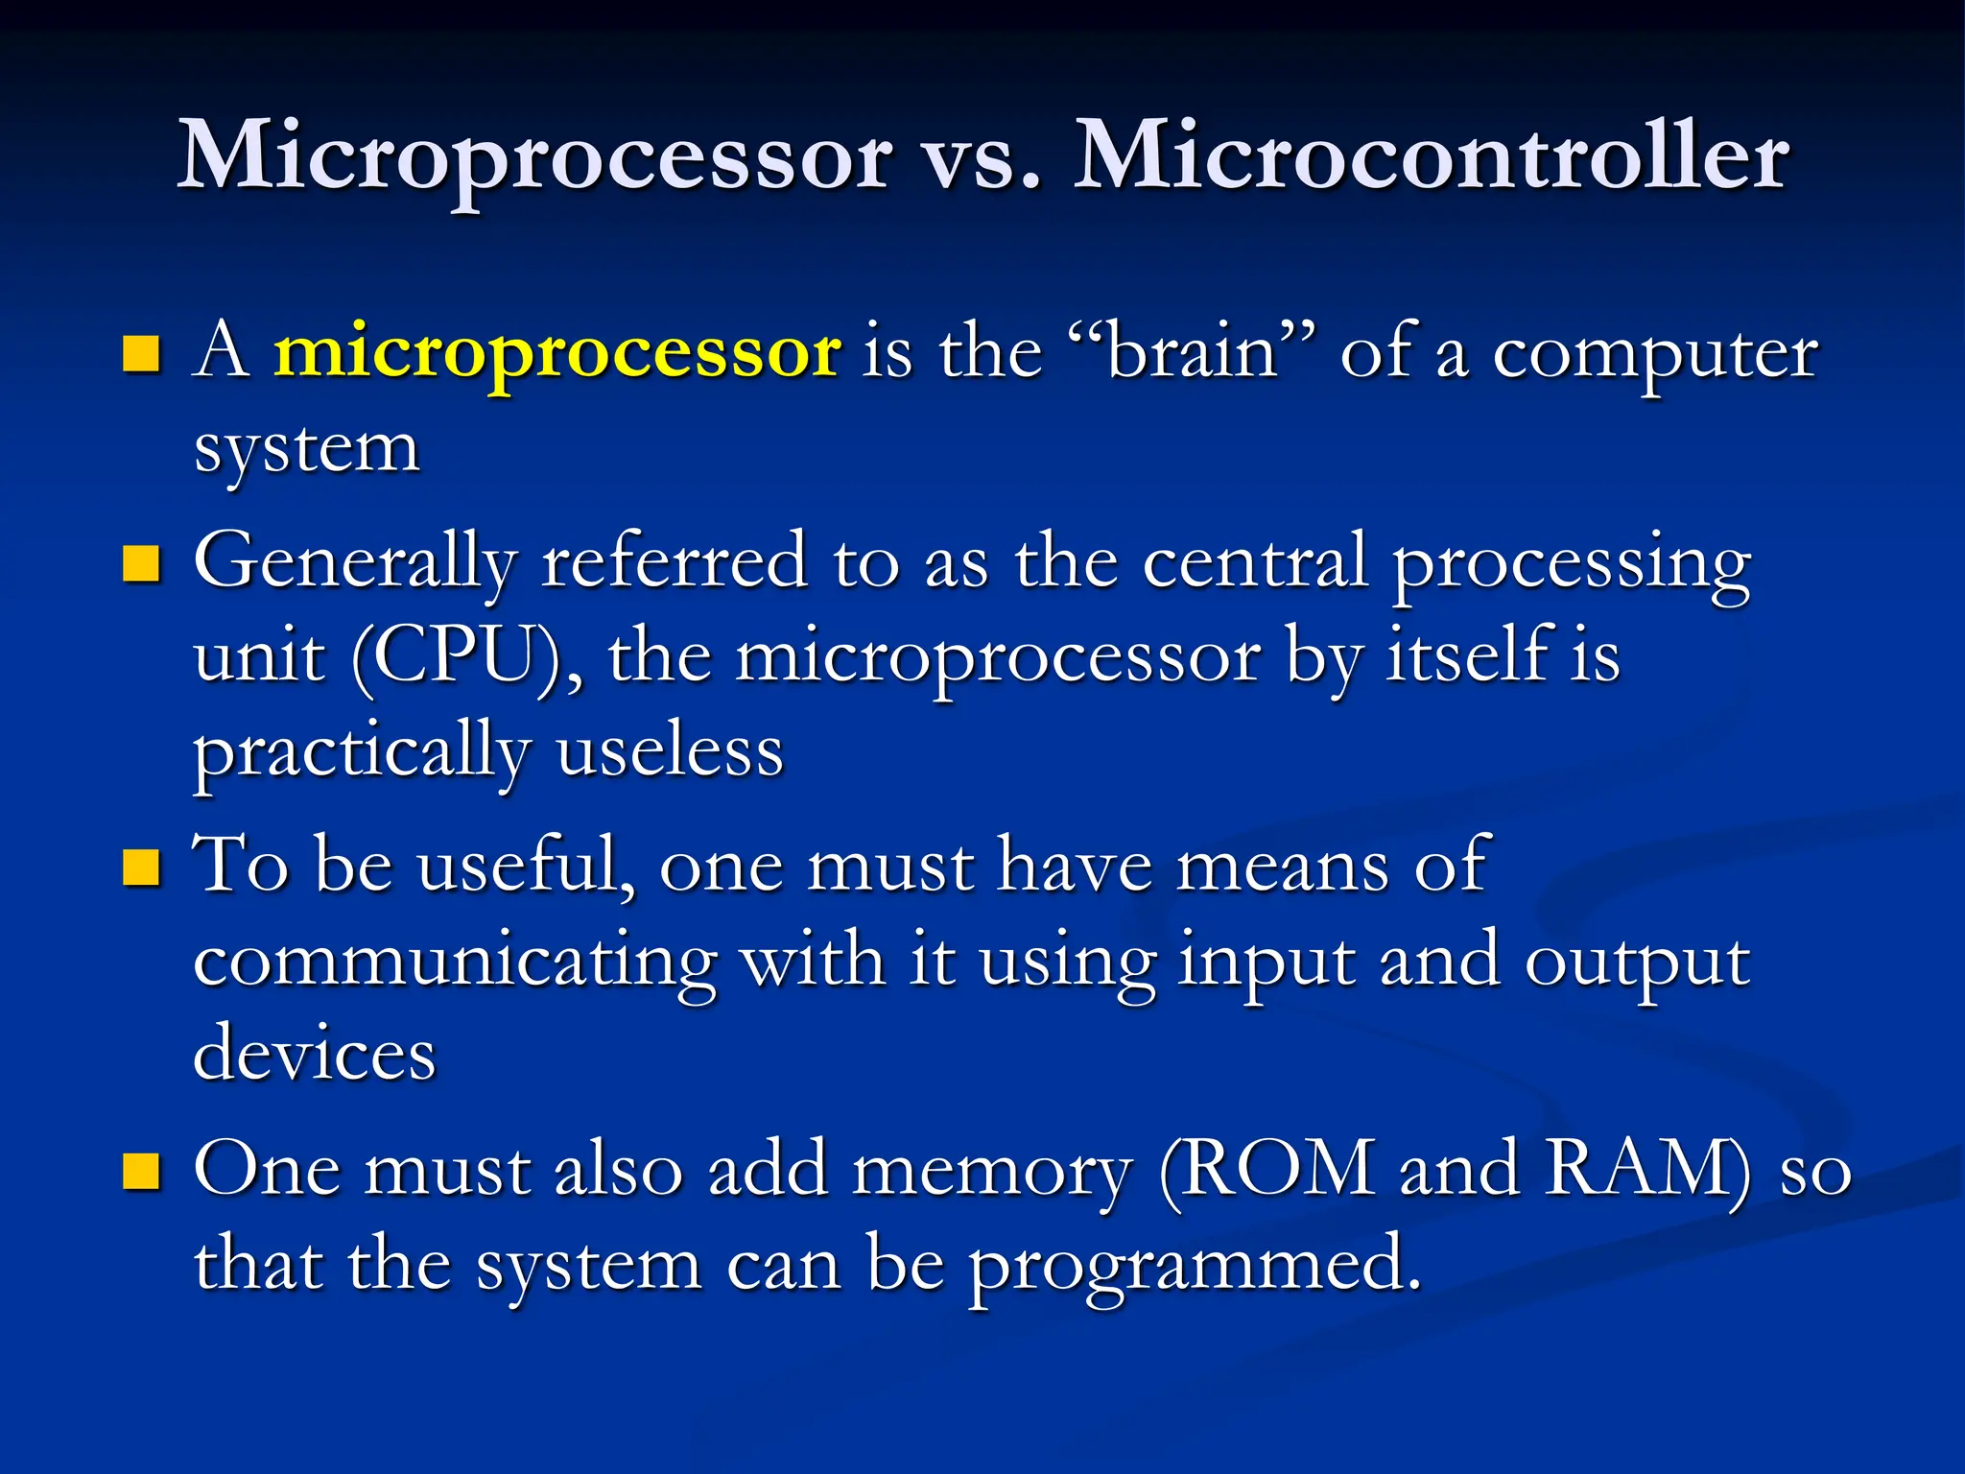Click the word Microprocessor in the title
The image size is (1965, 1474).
pyautogui.click(x=535, y=158)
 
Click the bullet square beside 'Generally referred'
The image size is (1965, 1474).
pyautogui.click(x=141, y=564)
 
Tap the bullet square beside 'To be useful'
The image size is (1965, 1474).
pyautogui.click(x=141, y=868)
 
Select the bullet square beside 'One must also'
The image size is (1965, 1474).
pyautogui.click(x=141, y=1172)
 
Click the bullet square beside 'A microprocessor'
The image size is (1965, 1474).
pyautogui.click(x=141, y=354)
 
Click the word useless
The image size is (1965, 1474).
pyautogui.click(x=670, y=751)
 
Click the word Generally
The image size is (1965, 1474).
pyautogui.click(x=355, y=564)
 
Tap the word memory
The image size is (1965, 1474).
pyautogui.click(x=992, y=1172)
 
